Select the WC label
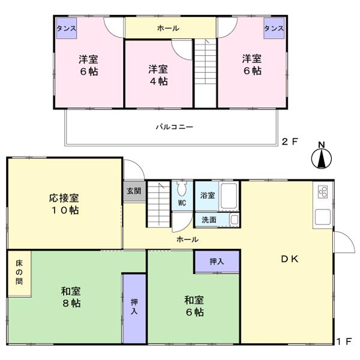coord(182,203)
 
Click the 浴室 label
coord(206,195)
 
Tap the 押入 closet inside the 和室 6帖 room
coord(216,262)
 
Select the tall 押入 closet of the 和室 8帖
coord(134,308)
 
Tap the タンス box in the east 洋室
coord(273,29)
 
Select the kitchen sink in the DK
coord(322,218)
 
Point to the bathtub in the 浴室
coord(229,195)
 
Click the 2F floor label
coord(289,142)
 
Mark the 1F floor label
coord(343,343)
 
